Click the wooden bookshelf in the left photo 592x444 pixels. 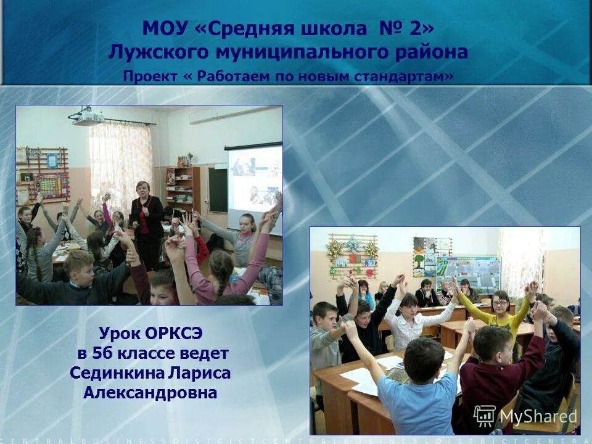tap(182, 188)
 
